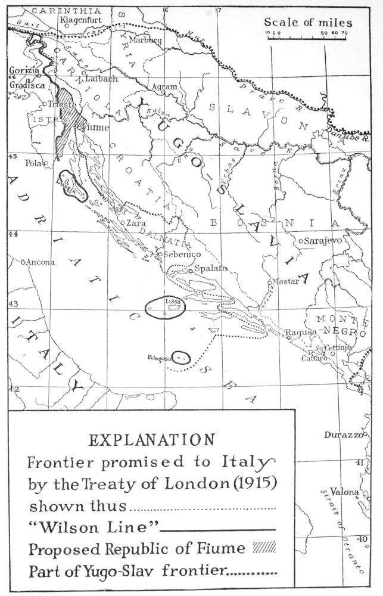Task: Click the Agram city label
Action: coord(165,87)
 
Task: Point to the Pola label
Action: coord(32,162)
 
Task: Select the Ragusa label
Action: coord(300,331)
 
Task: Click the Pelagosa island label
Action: coord(160,358)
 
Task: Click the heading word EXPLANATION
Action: coord(152,439)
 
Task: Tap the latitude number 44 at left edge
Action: coord(12,234)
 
